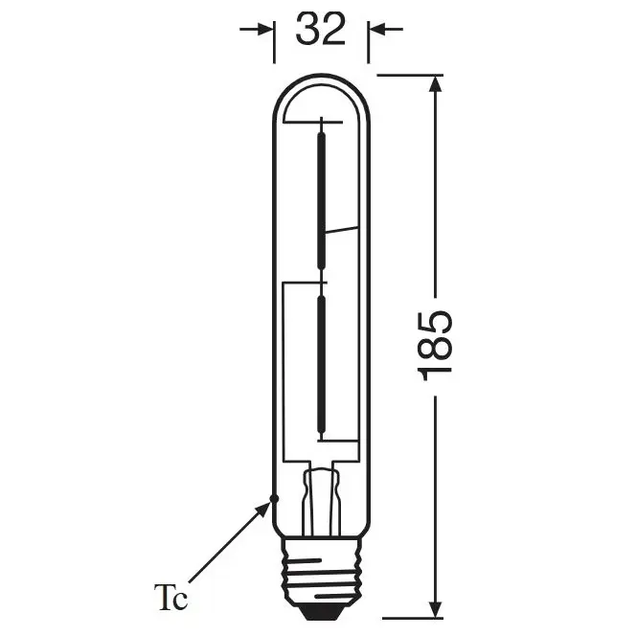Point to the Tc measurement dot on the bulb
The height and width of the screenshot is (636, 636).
click(x=274, y=497)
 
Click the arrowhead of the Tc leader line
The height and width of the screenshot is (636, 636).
click(x=264, y=509)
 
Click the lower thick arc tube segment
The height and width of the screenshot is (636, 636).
click(x=321, y=364)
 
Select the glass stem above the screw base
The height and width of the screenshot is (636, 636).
click(x=321, y=498)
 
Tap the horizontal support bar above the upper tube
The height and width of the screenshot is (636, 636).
click(x=321, y=121)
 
